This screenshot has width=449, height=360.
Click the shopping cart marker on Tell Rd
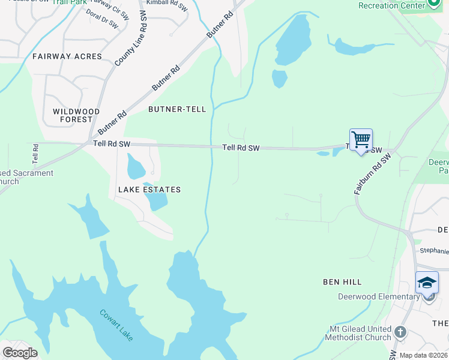(361, 140)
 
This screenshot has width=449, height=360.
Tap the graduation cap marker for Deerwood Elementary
(427, 283)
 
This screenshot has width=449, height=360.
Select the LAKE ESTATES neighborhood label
(149, 190)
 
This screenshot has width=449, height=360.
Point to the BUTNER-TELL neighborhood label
(177, 109)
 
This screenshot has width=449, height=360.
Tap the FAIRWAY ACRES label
(67, 56)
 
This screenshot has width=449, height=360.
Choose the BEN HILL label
(342, 281)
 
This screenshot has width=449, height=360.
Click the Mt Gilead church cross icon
(401, 332)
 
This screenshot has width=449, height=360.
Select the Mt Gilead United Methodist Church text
(358, 333)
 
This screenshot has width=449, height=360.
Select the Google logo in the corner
(20, 352)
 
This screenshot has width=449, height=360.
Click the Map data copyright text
(424, 355)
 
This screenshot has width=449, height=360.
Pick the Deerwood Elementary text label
(379, 296)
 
